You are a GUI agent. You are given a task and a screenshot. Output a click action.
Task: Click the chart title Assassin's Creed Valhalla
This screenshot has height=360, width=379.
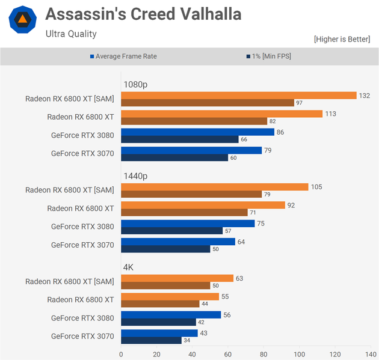pyautogui.click(x=143, y=14)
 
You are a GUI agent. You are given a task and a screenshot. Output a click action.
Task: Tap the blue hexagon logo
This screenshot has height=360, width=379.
pyautogui.click(x=22, y=20)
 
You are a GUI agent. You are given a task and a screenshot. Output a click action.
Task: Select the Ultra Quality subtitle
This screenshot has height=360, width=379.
pyautogui.click(x=71, y=34)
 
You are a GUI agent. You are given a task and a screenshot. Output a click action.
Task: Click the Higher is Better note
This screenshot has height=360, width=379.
pyautogui.click(x=342, y=39)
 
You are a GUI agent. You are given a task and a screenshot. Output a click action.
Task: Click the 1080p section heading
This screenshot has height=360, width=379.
pyautogui.click(x=135, y=84)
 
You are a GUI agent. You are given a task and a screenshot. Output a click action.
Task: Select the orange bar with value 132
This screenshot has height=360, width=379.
pyautogui.click(x=239, y=96)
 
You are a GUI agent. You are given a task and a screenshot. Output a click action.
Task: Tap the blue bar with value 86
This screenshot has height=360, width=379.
pyautogui.click(x=197, y=132)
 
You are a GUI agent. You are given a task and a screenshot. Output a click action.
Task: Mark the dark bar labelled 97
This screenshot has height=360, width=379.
pyautogui.click(x=208, y=103)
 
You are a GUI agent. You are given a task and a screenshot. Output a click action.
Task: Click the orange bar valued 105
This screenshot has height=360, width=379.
pyautogui.click(x=215, y=187)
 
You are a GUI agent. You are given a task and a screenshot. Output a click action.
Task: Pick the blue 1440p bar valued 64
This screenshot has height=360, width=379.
pyautogui.click(x=178, y=242)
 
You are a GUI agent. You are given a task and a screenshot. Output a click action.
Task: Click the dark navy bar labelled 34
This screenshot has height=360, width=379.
pyautogui.click(x=151, y=341)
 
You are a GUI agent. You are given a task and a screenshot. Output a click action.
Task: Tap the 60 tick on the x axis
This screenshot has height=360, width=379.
pyautogui.click(x=228, y=354)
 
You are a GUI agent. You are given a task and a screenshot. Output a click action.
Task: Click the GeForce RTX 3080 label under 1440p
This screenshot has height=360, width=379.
pyautogui.click(x=82, y=227)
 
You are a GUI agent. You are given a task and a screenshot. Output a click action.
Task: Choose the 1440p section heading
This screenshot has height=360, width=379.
pyautogui.click(x=135, y=176)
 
